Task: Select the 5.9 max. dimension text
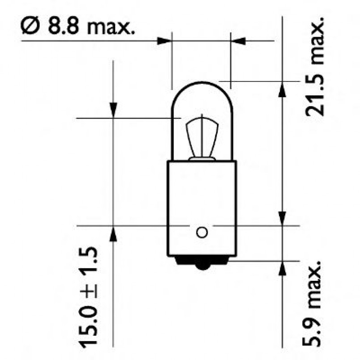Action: (314, 304)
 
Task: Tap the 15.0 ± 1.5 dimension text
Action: (88, 296)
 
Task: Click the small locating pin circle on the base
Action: (202, 232)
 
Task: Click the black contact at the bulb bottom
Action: (202, 263)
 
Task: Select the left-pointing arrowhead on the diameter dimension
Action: (238, 41)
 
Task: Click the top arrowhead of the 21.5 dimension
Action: (282, 89)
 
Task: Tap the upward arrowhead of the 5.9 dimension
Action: (282, 268)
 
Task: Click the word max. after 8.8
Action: (111, 28)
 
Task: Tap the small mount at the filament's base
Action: (202, 158)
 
